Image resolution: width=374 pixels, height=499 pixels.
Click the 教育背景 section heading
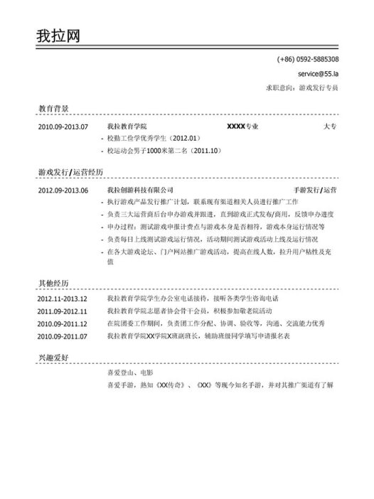click(x=54, y=109)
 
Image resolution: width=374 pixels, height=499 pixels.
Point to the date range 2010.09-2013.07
click(x=63, y=127)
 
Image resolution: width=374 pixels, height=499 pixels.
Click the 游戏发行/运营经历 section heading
click(x=71, y=173)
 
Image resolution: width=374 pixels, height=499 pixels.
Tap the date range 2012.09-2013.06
click(x=63, y=191)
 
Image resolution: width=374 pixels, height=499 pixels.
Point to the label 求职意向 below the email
click(x=279, y=88)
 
